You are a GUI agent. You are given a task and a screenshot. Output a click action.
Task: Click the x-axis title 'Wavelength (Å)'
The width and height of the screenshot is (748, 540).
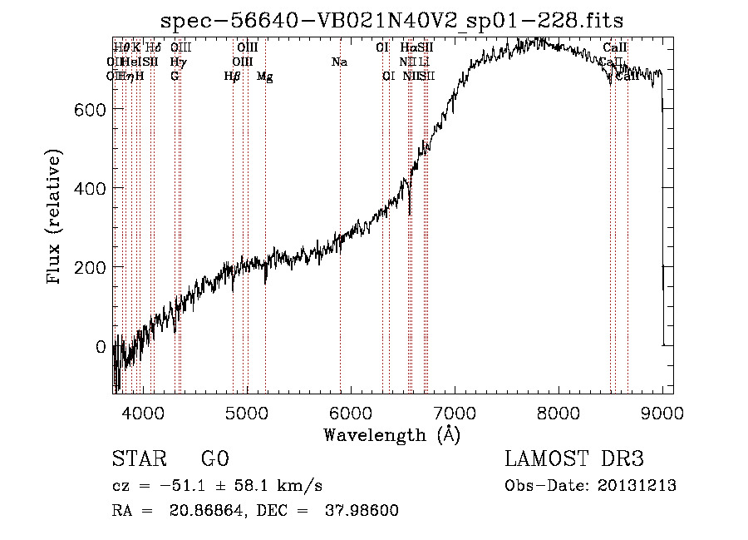coord(391,434)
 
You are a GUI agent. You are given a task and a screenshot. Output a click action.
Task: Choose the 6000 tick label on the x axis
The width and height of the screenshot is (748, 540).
coord(350,412)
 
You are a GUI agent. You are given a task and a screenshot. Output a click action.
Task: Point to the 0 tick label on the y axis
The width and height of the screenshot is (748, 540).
coord(101,346)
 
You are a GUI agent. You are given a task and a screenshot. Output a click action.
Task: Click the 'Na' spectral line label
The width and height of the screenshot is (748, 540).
coord(339,62)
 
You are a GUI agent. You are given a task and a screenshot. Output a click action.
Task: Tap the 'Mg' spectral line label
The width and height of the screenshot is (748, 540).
coord(265,77)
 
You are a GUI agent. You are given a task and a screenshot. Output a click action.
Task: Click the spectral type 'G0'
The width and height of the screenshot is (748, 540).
coord(214,459)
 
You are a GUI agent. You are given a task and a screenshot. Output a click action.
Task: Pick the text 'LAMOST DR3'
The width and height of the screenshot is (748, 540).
coord(574,459)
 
